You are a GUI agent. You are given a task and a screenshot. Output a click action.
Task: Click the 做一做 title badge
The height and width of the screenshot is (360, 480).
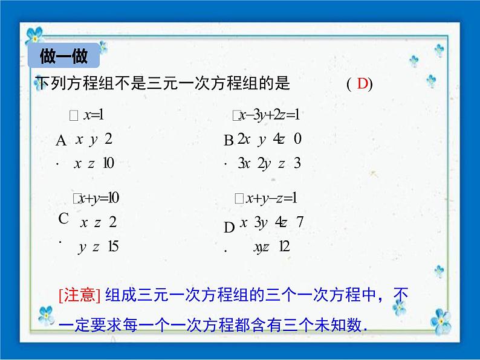(63, 57)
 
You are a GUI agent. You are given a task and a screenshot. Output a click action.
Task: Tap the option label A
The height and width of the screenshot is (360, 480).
(61, 142)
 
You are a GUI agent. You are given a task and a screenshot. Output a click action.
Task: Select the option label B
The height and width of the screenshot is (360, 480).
(229, 141)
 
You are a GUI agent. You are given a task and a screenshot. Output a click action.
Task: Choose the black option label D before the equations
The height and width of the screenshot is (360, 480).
(229, 228)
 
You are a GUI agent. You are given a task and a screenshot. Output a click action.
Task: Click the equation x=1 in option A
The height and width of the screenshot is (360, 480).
(94, 115)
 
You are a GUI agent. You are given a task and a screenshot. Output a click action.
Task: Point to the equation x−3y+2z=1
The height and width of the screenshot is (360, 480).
(270, 115)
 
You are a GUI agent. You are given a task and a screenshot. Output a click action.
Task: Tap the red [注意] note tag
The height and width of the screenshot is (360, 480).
(79, 295)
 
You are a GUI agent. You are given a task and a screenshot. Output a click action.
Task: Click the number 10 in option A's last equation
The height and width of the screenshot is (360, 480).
(109, 163)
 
